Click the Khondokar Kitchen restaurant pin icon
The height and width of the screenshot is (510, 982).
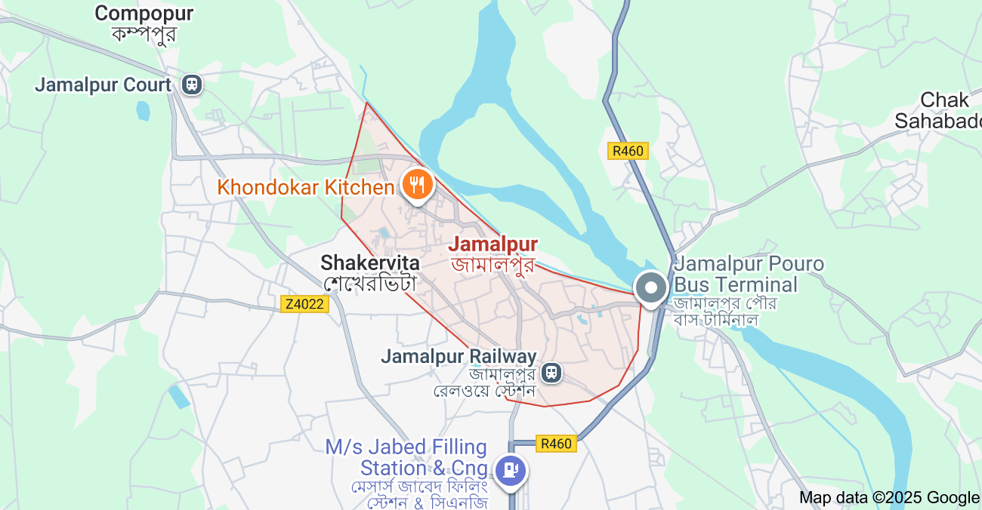[416, 184]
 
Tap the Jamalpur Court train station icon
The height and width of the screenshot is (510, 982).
[192, 84]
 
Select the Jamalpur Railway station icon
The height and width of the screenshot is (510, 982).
[552, 373]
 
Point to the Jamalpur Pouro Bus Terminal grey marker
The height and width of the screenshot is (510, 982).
[650, 288]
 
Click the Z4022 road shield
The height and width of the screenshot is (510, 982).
[304, 304]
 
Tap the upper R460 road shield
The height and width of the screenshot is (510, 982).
[628, 151]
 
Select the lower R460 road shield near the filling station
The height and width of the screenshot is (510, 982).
[556, 444]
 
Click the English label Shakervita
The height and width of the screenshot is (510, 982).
[370, 263]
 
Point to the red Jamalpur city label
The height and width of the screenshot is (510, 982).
[493, 244]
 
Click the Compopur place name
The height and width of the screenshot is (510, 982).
[144, 13]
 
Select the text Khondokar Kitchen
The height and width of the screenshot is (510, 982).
[306, 187]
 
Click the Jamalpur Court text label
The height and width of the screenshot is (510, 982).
[103, 84]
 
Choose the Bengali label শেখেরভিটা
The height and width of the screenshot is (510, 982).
[370, 284]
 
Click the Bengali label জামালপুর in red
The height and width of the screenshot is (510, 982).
[493, 264]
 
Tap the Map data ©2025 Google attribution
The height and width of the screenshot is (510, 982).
[889, 497]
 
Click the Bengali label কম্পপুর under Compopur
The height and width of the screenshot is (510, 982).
[144, 34]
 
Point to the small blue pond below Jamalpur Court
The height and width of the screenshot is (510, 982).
[143, 111]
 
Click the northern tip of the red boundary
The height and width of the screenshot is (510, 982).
[366, 103]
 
